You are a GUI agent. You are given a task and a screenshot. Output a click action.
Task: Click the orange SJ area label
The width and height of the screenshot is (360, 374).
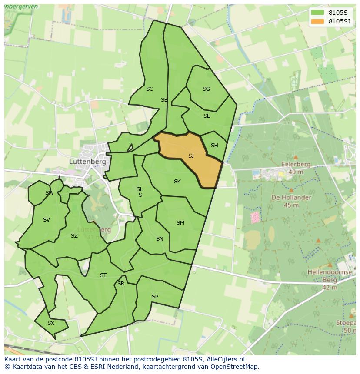(x=191, y=156)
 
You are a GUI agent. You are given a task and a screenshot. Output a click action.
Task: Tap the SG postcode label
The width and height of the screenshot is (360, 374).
(x=206, y=89)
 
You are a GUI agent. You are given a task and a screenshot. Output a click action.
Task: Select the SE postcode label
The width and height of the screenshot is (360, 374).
(x=207, y=116)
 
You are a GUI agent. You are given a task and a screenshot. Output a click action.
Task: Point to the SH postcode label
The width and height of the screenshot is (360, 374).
(x=214, y=146)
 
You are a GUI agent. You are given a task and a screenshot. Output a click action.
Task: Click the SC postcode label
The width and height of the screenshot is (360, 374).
(x=150, y=89)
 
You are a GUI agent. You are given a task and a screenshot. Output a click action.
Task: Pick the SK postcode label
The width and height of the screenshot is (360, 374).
(x=177, y=182)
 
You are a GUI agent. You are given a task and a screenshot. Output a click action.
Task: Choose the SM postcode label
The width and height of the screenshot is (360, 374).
(x=180, y=223)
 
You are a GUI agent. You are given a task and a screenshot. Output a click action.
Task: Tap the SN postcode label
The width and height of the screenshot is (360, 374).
(x=160, y=239)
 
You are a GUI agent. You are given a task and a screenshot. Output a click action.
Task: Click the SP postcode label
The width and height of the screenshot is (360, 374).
(x=155, y=297)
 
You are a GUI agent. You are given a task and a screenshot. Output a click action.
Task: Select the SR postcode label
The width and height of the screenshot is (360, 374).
(x=121, y=284)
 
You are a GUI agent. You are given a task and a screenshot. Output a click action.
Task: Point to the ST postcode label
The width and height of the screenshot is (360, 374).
(x=103, y=275)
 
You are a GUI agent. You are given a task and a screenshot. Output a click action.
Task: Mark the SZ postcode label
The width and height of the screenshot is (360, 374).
(x=74, y=236)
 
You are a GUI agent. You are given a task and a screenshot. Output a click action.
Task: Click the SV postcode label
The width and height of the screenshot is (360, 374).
(x=47, y=220)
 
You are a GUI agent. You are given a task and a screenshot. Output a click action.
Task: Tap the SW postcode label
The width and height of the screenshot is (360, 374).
(x=49, y=193)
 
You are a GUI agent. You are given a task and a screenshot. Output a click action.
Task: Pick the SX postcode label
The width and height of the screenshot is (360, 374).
(x=51, y=323)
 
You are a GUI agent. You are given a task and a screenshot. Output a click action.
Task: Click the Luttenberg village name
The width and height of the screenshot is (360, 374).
(x=87, y=161)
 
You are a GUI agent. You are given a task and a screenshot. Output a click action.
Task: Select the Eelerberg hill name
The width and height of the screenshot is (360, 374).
(x=296, y=165)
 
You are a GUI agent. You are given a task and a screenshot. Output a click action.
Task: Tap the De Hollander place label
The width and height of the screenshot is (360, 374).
(x=291, y=197)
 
